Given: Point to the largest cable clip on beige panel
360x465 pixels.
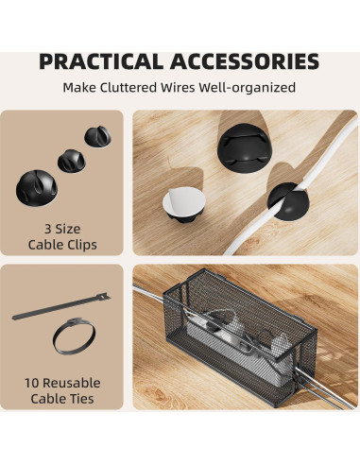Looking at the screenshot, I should click(x=36, y=185).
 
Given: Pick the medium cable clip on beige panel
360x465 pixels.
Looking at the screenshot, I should click(x=71, y=159).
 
